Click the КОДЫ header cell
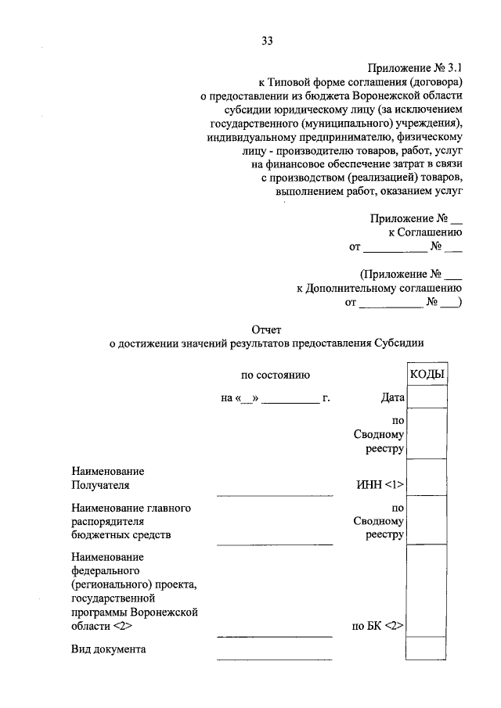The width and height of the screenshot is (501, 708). [427, 375]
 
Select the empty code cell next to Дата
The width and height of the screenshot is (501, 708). [427, 397]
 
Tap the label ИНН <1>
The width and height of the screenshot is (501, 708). [380, 486]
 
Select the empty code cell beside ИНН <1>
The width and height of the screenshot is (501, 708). [427, 476]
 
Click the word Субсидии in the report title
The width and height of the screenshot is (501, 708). [399, 343]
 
